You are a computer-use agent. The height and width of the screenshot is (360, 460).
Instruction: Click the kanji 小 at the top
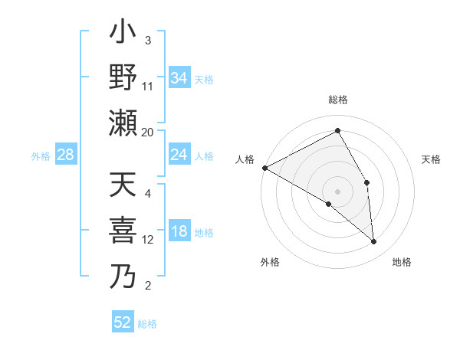[123, 34]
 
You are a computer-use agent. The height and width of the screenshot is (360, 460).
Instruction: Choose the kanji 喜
[123, 231]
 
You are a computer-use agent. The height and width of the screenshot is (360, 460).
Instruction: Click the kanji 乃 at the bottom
[123, 274]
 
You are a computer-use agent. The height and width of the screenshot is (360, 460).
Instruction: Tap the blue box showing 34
[179, 77]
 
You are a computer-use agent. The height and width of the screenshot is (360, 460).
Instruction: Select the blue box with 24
[179, 155]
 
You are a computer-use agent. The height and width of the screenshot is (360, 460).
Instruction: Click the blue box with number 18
[179, 231]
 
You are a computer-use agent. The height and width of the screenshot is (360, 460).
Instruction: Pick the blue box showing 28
[66, 155]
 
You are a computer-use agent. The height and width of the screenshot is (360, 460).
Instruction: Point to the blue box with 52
[123, 322]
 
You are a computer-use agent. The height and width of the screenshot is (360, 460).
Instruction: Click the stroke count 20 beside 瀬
[148, 132]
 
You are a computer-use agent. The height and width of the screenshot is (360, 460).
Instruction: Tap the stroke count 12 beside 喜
[148, 240]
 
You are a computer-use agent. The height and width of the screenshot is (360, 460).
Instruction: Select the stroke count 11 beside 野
[148, 86]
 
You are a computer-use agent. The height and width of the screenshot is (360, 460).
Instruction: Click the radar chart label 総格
[337, 100]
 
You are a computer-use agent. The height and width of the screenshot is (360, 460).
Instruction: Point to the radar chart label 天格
[432, 159]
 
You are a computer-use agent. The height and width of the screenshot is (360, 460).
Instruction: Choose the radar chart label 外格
[270, 262]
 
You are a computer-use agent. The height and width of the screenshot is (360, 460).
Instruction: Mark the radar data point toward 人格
[264, 168]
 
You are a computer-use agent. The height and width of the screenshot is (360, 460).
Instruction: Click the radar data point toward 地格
[374, 242]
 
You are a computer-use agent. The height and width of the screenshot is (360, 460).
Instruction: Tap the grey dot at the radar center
[337, 191]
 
